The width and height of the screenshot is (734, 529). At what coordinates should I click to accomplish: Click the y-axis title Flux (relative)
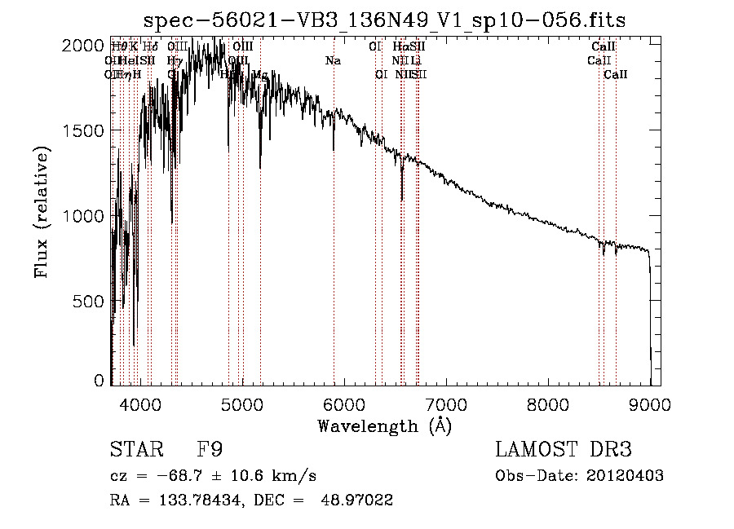coord(42,213)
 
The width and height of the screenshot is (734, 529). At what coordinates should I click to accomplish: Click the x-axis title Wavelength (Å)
coord(384,425)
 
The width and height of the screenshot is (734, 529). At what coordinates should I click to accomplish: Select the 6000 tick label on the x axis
coord(344,403)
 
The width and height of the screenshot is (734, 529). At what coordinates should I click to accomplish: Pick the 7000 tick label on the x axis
coord(446,403)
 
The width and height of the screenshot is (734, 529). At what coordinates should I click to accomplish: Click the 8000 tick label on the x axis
coord(548,403)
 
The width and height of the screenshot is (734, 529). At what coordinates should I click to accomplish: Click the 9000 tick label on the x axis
coord(650,403)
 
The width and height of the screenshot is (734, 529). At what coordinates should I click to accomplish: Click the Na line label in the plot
coord(333,61)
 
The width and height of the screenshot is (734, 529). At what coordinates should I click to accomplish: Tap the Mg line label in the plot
coord(260,75)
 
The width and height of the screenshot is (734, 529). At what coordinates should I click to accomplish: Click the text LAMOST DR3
coord(563,451)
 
